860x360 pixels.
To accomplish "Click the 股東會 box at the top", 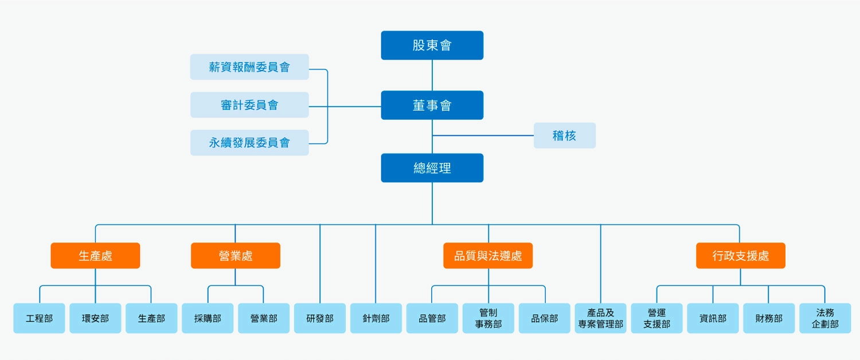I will pyautogui.click(x=432, y=45).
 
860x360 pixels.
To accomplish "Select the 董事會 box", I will pyautogui.click(x=432, y=105).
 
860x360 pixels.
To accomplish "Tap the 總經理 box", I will pyautogui.click(x=432, y=168).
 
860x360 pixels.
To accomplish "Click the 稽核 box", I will pyautogui.click(x=564, y=136).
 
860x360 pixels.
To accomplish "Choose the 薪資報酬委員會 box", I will pyautogui.click(x=249, y=67).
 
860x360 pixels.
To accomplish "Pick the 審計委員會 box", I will pyautogui.click(x=249, y=105).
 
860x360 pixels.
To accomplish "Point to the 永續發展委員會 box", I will pyautogui.click(x=249, y=143).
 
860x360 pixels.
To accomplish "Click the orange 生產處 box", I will pyautogui.click(x=95, y=256).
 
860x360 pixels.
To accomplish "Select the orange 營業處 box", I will pyautogui.click(x=235, y=256).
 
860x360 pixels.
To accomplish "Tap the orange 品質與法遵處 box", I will pyautogui.click(x=488, y=256).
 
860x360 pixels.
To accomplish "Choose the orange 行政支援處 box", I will pyautogui.click(x=740, y=256).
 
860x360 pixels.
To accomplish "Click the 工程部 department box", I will pyautogui.click(x=39, y=318).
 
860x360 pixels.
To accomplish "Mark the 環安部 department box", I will pyautogui.click(x=95, y=318).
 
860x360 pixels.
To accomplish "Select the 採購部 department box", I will pyautogui.click(x=208, y=318).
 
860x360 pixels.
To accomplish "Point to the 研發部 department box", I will pyautogui.click(x=320, y=318).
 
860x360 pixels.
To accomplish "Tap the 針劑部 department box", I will pyautogui.click(x=376, y=318).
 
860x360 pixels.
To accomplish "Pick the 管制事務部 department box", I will pyautogui.click(x=488, y=318).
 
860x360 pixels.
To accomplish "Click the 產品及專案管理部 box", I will pyautogui.click(x=600, y=318).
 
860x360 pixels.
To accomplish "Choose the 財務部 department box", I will pyautogui.click(x=769, y=318).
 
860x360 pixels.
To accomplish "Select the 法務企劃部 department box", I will pyautogui.click(x=825, y=318).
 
